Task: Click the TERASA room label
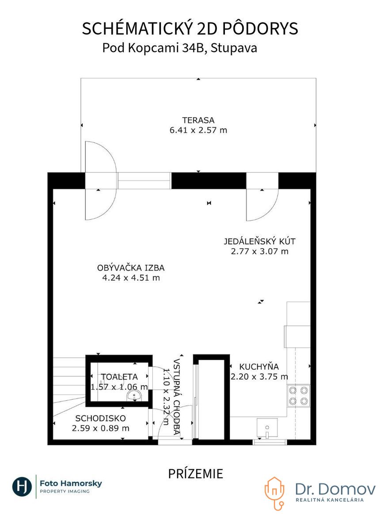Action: point(198,120)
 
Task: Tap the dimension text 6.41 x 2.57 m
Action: point(198,130)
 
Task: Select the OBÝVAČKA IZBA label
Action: point(131,268)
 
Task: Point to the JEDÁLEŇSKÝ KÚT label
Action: point(259,242)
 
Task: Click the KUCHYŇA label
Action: point(259,367)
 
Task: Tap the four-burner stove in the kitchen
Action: point(298,395)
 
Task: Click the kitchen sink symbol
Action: point(267,428)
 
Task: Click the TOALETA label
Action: point(119,377)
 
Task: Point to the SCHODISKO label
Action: point(101,418)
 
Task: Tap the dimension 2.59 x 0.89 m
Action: point(101,428)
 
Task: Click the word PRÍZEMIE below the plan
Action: point(196,474)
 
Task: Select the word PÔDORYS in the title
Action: point(260,28)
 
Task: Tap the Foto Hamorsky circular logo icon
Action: point(22,486)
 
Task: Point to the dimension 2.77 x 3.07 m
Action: point(259,251)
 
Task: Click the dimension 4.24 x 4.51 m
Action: point(131,278)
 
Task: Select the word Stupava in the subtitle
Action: point(234,48)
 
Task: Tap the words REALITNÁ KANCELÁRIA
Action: point(330,500)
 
